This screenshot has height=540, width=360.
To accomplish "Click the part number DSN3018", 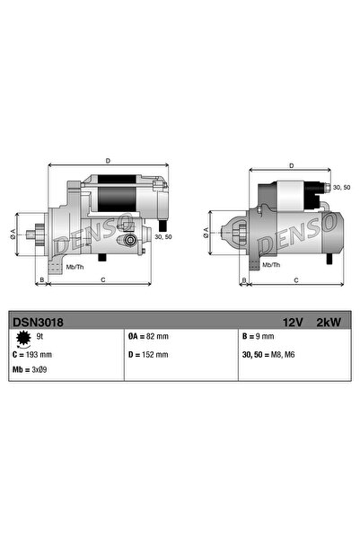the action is point(38,322).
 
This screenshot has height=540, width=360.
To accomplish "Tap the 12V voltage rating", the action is point(293,322).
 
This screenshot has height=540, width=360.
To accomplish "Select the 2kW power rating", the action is point(329,322).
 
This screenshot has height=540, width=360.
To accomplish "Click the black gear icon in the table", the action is point(23,338).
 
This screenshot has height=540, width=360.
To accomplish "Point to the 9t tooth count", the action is point(40,336).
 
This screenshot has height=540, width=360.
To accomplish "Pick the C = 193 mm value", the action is point(32,355).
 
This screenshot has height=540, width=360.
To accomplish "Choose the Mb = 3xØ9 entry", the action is point(30,369).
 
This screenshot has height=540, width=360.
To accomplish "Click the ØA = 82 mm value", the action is point(148,336).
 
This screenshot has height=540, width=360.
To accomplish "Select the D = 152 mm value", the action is point(148,354).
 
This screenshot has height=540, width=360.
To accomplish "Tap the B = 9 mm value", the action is point(259,336).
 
